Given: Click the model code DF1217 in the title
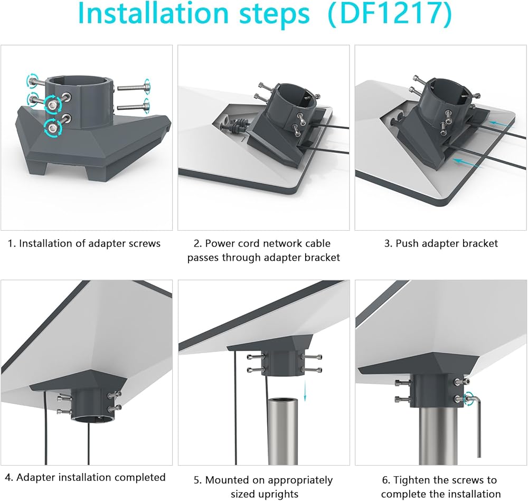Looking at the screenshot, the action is [390, 13].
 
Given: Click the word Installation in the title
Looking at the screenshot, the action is [152, 13].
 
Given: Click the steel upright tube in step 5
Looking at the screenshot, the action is [283, 431].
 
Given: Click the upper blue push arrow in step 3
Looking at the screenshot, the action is [501, 124].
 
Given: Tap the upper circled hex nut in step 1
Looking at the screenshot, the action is [52, 105].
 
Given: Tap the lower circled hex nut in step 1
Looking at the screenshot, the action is [53, 127].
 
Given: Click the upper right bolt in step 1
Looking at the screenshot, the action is [134, 88].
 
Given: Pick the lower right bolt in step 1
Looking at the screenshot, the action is [134, 107].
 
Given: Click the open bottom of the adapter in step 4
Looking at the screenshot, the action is [92, 419].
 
